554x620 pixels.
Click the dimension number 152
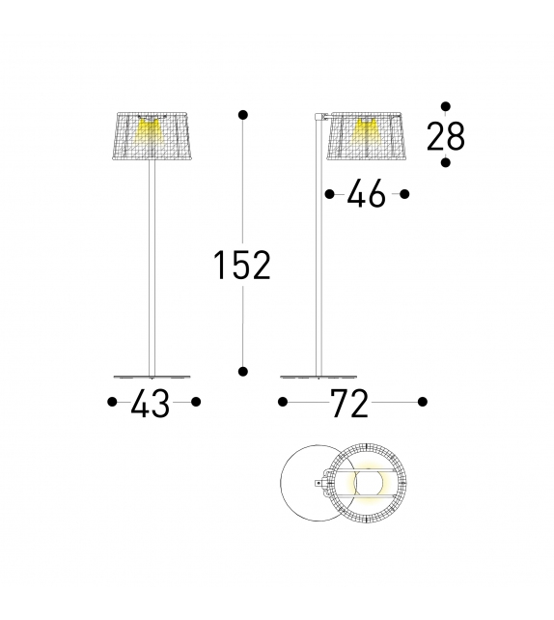point(242,264)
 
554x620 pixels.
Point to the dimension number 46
point(366,195)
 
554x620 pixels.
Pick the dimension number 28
point(446,138)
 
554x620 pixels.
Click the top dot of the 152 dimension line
point(242,116)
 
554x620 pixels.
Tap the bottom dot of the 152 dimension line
point(242,370)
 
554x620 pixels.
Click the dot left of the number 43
point(112,402)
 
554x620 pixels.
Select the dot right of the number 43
point(196,402)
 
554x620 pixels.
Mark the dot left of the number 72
point(283,402)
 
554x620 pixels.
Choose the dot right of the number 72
point(422,402)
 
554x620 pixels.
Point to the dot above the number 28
point(445,105)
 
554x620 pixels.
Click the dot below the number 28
point(445,163)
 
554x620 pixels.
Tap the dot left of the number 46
point(329,194)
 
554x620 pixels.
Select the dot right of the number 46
point(404,194)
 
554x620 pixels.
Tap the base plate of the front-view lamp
point(152,376)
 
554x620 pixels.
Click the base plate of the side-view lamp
point(319,376)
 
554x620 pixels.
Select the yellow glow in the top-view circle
point(368,482)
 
